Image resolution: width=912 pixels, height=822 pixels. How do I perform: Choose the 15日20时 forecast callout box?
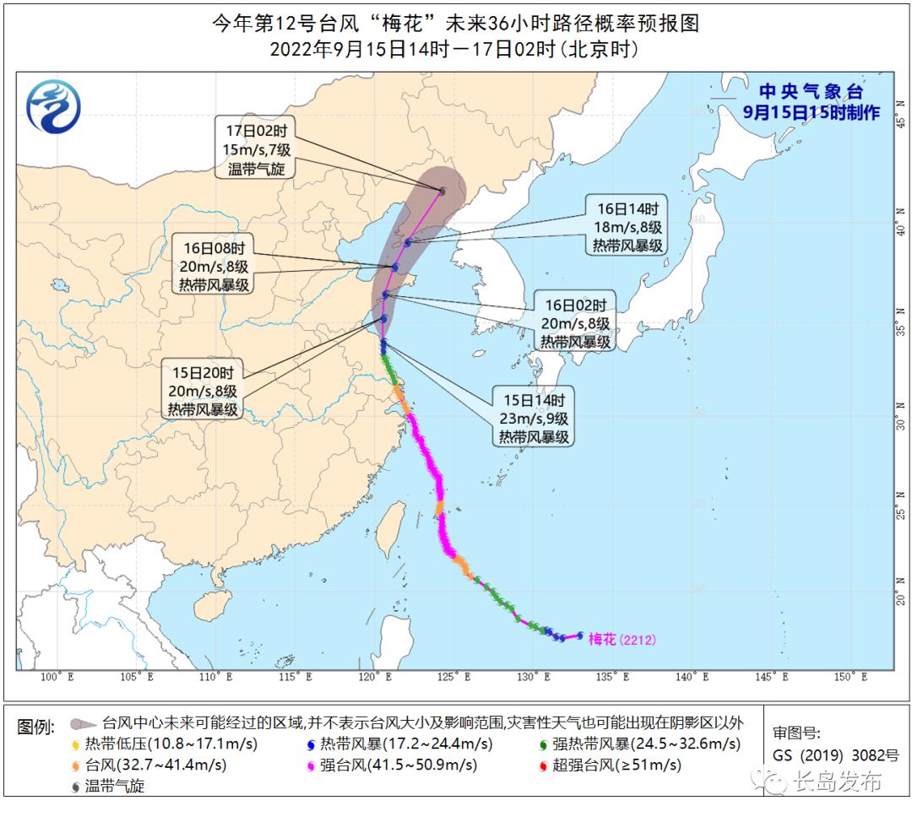tap(202, 390)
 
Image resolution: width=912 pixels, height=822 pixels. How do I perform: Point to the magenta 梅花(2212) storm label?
tap(621, 639)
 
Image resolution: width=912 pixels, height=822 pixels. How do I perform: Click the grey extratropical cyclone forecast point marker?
tap(442, 192)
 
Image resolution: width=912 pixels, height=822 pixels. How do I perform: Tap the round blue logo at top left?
tap(54, 106)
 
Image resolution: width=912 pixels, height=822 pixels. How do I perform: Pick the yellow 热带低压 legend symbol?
tap(75, 745)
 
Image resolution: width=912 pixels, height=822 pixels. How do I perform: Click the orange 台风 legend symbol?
tap(75, 767)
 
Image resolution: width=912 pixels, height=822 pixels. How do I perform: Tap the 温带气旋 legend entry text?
tap(115, 787)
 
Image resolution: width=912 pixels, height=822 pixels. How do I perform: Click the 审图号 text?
tap(795, 733)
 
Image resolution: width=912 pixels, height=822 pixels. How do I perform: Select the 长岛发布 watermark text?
tap(837, 781)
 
